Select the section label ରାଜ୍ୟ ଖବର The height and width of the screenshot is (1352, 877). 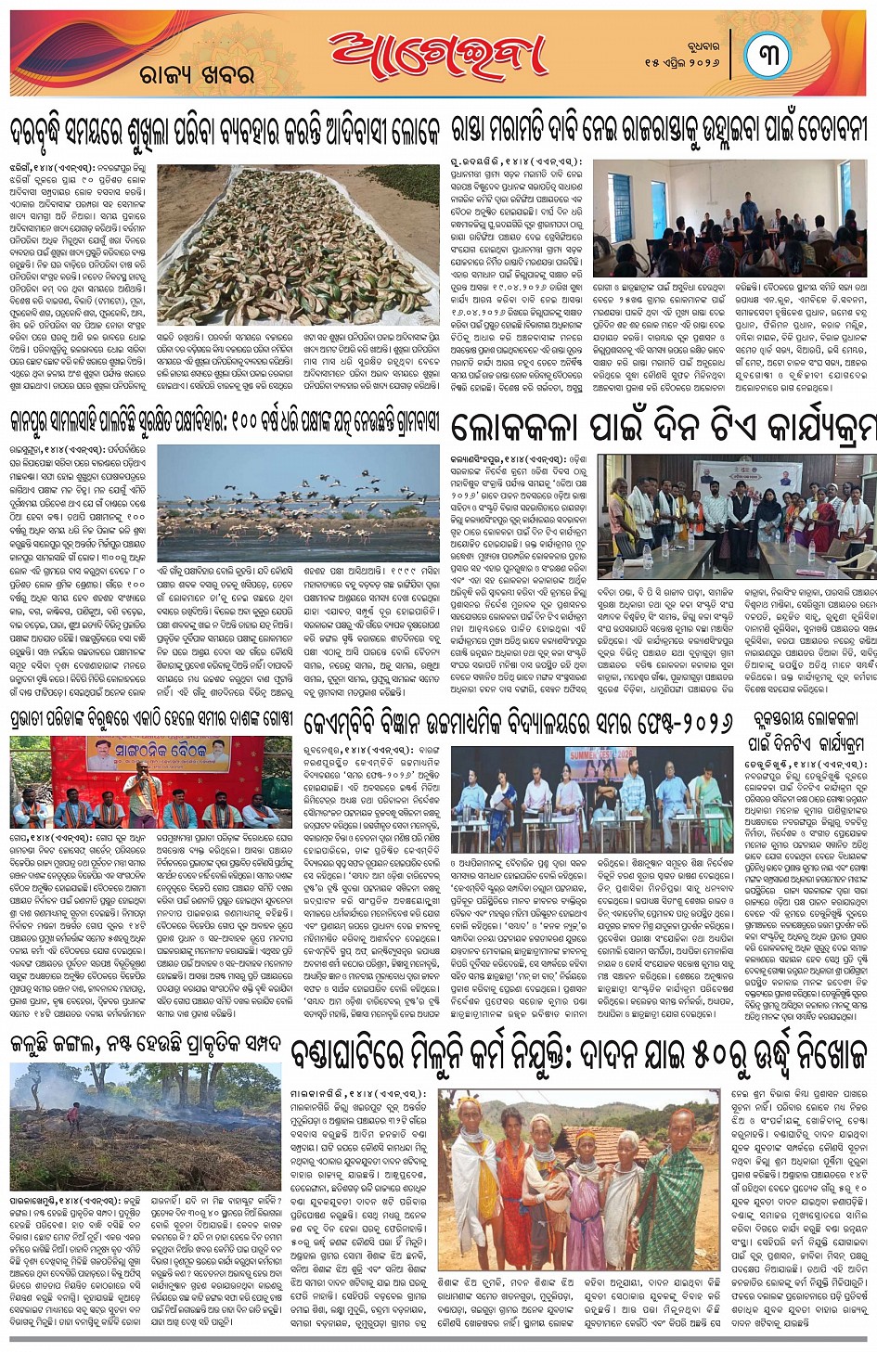click(x=197, y=74)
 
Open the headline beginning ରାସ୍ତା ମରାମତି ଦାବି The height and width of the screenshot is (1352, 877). click(x=660, y=128)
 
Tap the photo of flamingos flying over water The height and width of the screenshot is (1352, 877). click(x=298, y=502)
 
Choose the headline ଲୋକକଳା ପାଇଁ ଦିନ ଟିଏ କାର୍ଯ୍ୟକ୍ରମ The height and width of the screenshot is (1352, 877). click(x=663, y=428)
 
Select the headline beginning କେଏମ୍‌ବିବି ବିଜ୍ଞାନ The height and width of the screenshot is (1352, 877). click(x=521, y=722)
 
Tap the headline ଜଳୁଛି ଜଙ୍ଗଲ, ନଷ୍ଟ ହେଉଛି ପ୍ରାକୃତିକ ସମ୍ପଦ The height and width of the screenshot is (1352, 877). click(x=146, y=1043)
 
